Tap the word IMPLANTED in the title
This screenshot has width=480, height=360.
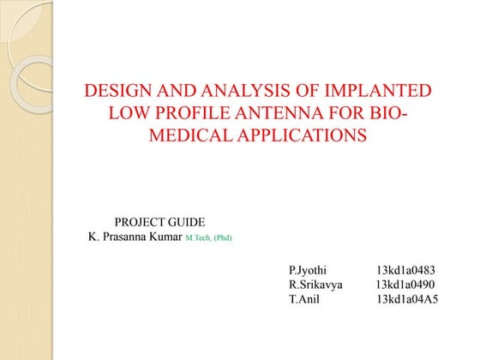372,92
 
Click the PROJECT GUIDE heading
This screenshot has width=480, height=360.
159,222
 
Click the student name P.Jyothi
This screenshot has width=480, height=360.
308,270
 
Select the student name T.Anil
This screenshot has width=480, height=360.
303,299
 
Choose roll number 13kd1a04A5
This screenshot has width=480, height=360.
407,299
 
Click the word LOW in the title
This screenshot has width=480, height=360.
124,113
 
